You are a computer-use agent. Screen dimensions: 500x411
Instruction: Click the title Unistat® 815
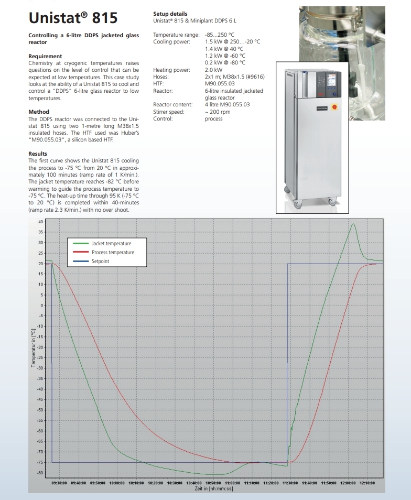pos(73,18)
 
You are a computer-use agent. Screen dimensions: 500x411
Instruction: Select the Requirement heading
pos(45,56)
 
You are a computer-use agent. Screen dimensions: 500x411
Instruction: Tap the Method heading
pos(39,112)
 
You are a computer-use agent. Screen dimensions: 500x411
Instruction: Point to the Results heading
pos(38,154)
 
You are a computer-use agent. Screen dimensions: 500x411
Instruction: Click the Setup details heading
pos(170,14)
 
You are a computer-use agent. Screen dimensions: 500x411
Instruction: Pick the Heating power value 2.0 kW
pos(213,70)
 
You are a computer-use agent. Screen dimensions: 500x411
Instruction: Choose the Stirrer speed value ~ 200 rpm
pos(217,112)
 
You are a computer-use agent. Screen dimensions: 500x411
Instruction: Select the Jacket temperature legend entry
pos(111,244)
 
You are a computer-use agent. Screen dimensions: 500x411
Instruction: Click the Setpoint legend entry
pos(101,261)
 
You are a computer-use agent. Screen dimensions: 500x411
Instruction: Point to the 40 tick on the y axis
pos(41,222)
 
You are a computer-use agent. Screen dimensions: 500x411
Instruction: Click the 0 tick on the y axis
pos(42,305)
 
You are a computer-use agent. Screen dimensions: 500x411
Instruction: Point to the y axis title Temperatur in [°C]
pos(33,347)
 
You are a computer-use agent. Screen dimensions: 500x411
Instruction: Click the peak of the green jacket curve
pos(353,224)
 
